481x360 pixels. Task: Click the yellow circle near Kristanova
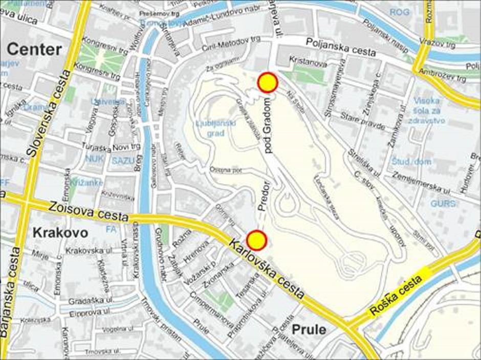click(267, 82)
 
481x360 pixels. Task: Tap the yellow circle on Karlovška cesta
click(257, 240)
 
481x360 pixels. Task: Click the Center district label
click(35, 50)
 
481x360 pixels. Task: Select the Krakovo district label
click(60, 233)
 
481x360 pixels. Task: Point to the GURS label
click(442, 203)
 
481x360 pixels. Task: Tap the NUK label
click(94, 159)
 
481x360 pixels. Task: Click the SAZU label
click(123, 160)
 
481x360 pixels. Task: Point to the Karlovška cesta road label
click(267, 269)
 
